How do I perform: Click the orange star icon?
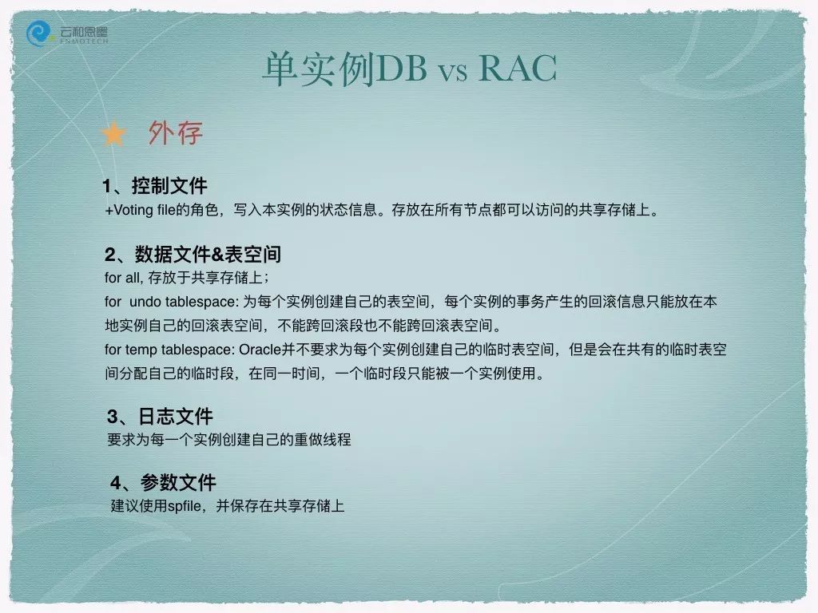pos(113,134)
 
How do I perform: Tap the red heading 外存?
pos(175,133)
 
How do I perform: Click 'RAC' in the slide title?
pos(518,69)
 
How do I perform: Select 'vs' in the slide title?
pos(452,73)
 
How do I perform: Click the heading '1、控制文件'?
pos(155,185)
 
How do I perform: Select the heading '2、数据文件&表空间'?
pos(193,254)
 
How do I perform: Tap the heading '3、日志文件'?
pos(160,416)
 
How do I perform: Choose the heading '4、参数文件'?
pos(163,482)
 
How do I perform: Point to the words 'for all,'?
pos(124,277)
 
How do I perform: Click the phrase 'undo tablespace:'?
pos(185,302)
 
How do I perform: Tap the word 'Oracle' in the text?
pos(260,350)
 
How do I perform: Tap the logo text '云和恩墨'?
pos(83,31)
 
